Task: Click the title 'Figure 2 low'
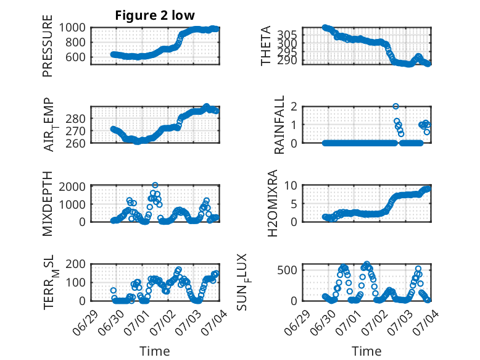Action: pyautogui.click(x=155, y=15)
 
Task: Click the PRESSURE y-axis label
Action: pyautogui.click(x=48, y=46)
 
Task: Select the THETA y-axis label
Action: pyautogui.click(x=266, y=46)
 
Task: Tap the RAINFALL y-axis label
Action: pyautogui.click(x=279, y=124)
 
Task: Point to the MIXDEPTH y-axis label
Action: pyautogui.click(x=48, y=203)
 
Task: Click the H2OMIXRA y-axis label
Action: pyautogui.click(x=272, y=203)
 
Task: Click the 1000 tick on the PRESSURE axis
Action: pyautogui.click(x=72, y=28)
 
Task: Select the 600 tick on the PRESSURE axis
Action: pyautogui.click(x=75, y=57)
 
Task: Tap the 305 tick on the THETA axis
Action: pyautogui.click(x=287, y=35)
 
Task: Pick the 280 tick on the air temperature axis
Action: pyautogui.click(x=75, y=119)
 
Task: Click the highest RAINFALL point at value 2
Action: pyautogui.click(x=395, y=106)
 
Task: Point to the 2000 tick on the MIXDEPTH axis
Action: pyautogui.click(x=72, y=186)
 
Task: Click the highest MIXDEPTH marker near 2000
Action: pyautogui.click(x=155, y=185)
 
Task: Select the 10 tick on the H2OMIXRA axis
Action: pyautogui.click(x=291, y=185)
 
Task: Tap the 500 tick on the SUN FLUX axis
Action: pyautogui.click(x=287, y=270)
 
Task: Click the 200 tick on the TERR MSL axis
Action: pyautogui.click(x=75, y=264)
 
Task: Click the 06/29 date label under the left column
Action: pyautogui.click(x=85, y=322)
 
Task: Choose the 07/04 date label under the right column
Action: pyautogui.click(x=426, y=322)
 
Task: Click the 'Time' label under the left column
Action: pyautogui.click(x=155, y=351)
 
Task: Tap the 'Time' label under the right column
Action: pyautogui.click(x=366, y=351)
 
